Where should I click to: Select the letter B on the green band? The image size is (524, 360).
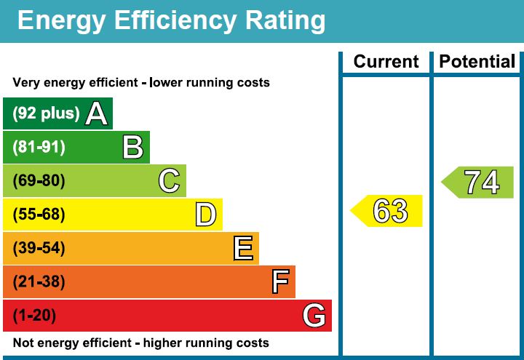tap(133, 148)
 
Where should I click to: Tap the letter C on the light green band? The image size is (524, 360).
tap(170, 181)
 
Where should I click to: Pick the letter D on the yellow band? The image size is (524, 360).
tap(206, 215)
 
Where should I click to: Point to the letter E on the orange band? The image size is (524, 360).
tap(243, 249)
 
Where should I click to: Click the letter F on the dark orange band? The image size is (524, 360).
tap(279, 282)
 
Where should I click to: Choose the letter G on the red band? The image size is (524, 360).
tap(314, 316)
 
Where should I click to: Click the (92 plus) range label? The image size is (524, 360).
tap(46, 113)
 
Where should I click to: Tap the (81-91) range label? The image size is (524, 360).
tap(39, 148)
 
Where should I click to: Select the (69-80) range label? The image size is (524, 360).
tap(39, 181)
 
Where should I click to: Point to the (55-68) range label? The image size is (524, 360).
tap(39, 215)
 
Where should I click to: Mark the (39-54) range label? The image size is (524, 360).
tap(39, 249)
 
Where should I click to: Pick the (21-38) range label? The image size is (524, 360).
tap(39, 282)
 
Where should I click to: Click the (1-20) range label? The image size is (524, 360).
tap(34, 316)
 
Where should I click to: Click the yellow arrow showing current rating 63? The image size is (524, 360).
tap(388, 211)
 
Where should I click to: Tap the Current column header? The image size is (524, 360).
tap(386, 62)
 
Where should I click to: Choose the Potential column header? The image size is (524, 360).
tap(477, 62)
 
